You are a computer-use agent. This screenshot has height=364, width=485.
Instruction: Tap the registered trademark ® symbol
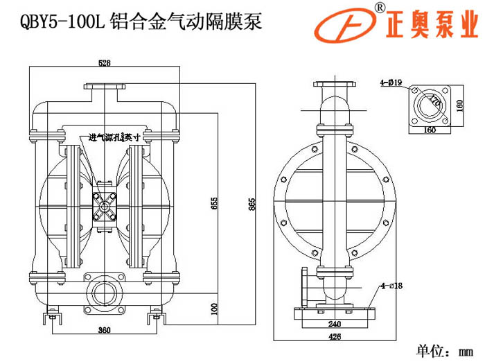(380, 7)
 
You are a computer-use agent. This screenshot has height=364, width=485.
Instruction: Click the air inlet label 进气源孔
(100, 137)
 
